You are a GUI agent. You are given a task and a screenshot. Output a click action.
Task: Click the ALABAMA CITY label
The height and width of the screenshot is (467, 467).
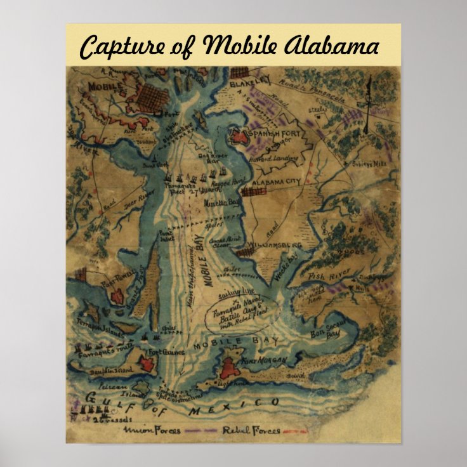[x=277, y=183]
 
